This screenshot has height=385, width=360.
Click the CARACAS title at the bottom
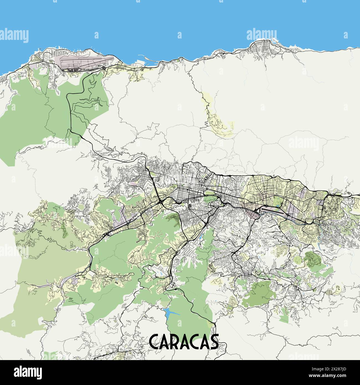184,342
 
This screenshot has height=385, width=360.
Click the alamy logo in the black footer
28,372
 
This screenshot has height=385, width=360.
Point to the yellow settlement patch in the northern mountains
219,122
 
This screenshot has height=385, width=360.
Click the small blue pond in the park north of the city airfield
277,206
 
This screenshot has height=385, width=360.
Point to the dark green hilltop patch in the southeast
313,258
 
